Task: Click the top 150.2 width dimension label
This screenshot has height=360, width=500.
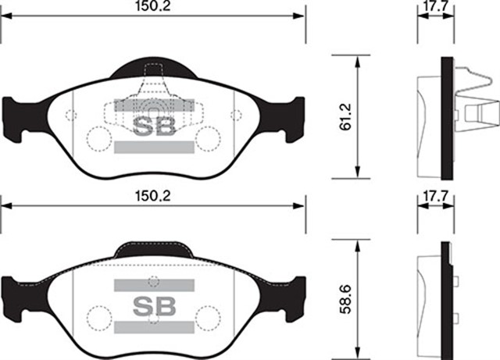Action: (152, 6)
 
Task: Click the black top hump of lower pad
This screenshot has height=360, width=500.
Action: (153, 250)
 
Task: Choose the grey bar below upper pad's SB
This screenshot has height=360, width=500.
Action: (153, 147)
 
